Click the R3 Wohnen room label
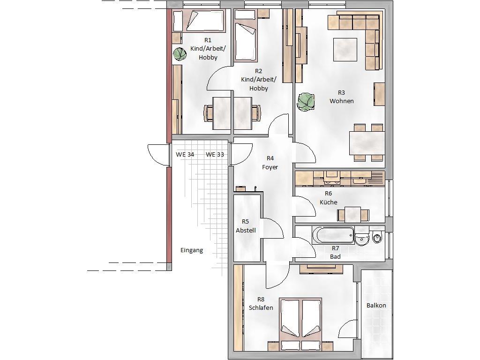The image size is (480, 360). pyautogui.click(x=342, y=97)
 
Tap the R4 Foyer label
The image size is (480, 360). pyautogui.click(x=270, y=163)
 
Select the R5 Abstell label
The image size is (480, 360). pyautogui.click(x=246, y=226)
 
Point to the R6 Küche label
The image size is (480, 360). pyautogui.click(x=329, y=198)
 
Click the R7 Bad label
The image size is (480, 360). pyautogui.click(x=335, y=253)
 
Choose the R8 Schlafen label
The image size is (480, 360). pyautogui.click(x=261, y=304)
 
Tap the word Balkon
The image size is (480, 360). pyautogui.click(x=376, y=306)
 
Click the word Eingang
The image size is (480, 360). pyautogui.click(x=192, y=250)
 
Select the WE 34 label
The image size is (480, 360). pyautogui.click(x=185, y=155)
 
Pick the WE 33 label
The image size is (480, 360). pyautogui.click(x=215, y=155)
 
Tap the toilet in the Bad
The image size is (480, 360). pyautogui.click(x=378, y=237)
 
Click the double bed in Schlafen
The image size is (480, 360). pyautogui.click(x=300, y=324)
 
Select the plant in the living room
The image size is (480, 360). pyautogui.click(x=306, y=102)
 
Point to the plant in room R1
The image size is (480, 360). pyautogui.click(x=180, y=54)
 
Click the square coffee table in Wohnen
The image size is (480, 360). pyautogui.click(x=345, y=50)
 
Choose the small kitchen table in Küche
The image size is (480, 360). pyautogui.click(x=353, y=214)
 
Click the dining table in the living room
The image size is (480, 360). pyautogui.click(x=367, y=143)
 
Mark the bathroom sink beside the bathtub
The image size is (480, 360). pyautogui.click(x=362, y=237)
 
